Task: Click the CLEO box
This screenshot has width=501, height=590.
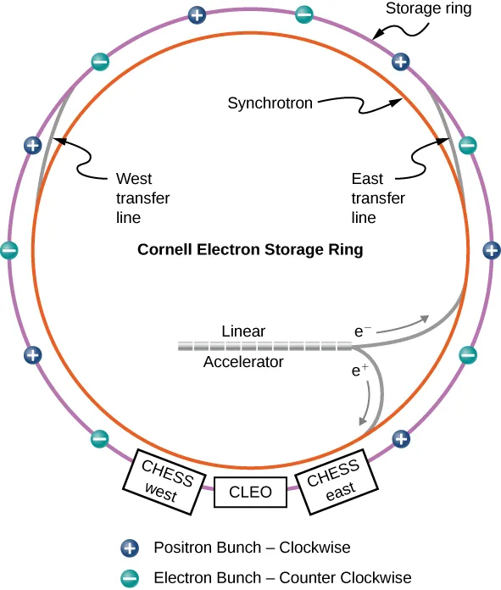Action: click(x=251, y=492)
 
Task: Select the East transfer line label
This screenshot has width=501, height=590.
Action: click(x=378, y=198)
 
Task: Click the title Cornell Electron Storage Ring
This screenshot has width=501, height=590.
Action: click(x=250, y=250)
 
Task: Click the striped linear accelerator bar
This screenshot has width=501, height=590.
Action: click(x=264, y=346)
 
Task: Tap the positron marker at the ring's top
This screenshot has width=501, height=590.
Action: click(x=197, y=14)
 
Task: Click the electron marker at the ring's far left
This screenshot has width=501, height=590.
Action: click(x=9, y=250)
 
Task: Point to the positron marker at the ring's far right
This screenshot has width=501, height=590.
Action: click(x=491, y=250)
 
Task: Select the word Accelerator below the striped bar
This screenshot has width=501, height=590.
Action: click(x=243, y=362)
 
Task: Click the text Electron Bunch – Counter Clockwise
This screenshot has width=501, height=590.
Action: click(x=282, y=578)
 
